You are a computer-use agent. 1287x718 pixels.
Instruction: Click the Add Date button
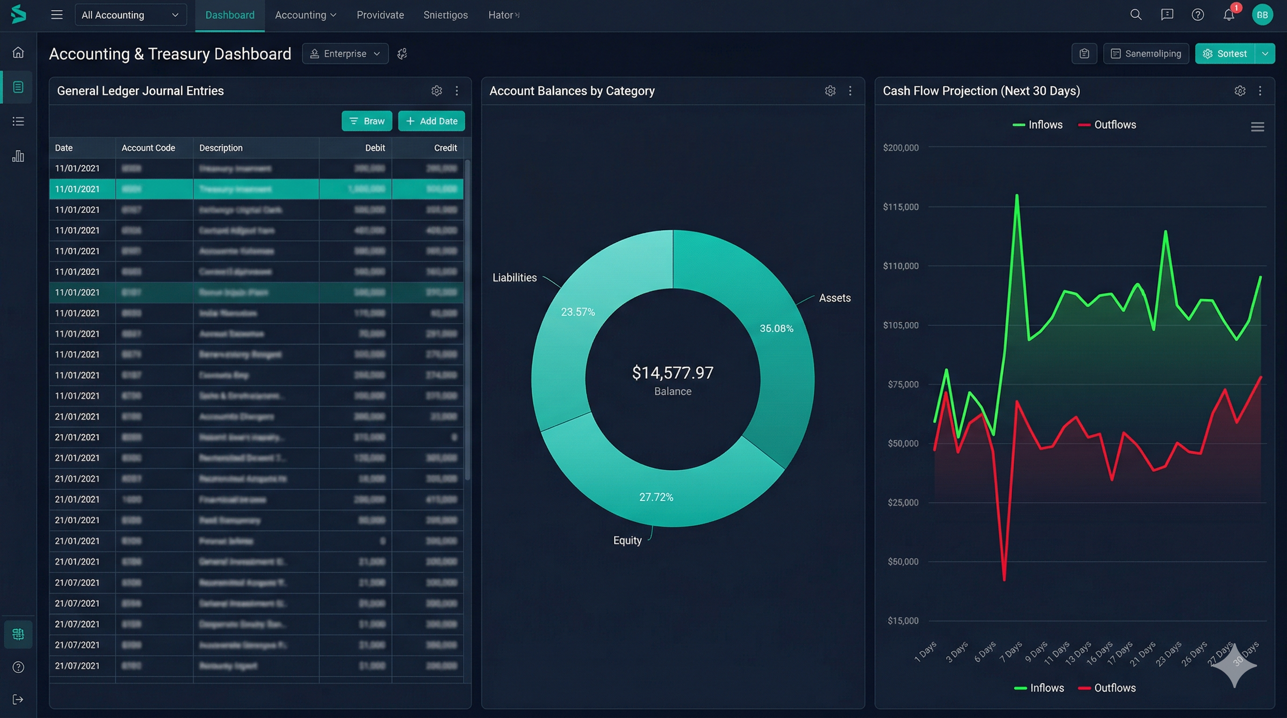pos(431,121)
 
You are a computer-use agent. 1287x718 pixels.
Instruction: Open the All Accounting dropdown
pos(130,15)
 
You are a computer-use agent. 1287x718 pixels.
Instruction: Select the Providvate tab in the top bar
pos(380,15)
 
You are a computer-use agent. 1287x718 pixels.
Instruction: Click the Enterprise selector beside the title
pos(345,53)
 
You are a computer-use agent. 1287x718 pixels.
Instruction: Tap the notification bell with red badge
pos(1229,14)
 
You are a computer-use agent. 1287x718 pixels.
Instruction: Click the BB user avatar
pos(1262,14)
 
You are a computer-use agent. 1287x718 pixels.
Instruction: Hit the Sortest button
pos(1225,53)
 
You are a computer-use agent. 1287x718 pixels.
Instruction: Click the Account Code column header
pos(148,148)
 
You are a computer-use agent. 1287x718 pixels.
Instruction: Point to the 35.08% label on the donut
pos(776,328)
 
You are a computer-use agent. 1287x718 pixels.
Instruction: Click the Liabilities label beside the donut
pos(514,278)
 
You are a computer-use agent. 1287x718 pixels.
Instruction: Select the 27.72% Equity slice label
pos(656,497)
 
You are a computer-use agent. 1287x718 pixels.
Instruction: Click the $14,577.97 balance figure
pos(672,373)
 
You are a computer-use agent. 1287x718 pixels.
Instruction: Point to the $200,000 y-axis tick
pos(900,148)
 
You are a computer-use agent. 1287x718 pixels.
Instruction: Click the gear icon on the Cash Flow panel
pos(1240,91)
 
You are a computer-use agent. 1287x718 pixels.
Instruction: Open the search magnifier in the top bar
pos(1135,14)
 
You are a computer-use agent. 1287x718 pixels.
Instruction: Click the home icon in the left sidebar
pos(18,52)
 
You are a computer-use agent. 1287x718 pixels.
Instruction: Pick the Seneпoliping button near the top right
pos(1146,53)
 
